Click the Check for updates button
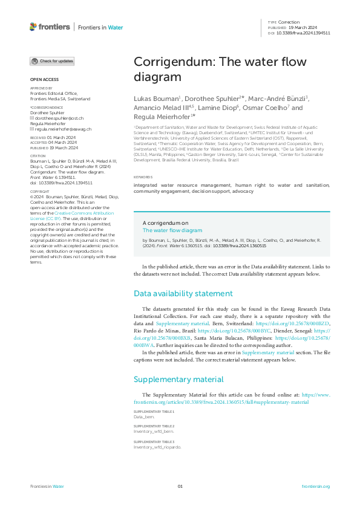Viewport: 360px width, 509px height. tap(53, 61)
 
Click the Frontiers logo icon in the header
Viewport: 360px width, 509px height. tap(33, 27)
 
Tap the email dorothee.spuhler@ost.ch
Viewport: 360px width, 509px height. tap(59, 118)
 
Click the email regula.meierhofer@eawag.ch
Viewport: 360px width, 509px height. tap(63, 129)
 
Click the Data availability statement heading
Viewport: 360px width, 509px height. tap(183, 294)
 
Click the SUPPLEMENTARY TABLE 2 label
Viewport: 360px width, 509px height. tap(154, 426)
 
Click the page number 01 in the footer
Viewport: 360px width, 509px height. tap(180, 487)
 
